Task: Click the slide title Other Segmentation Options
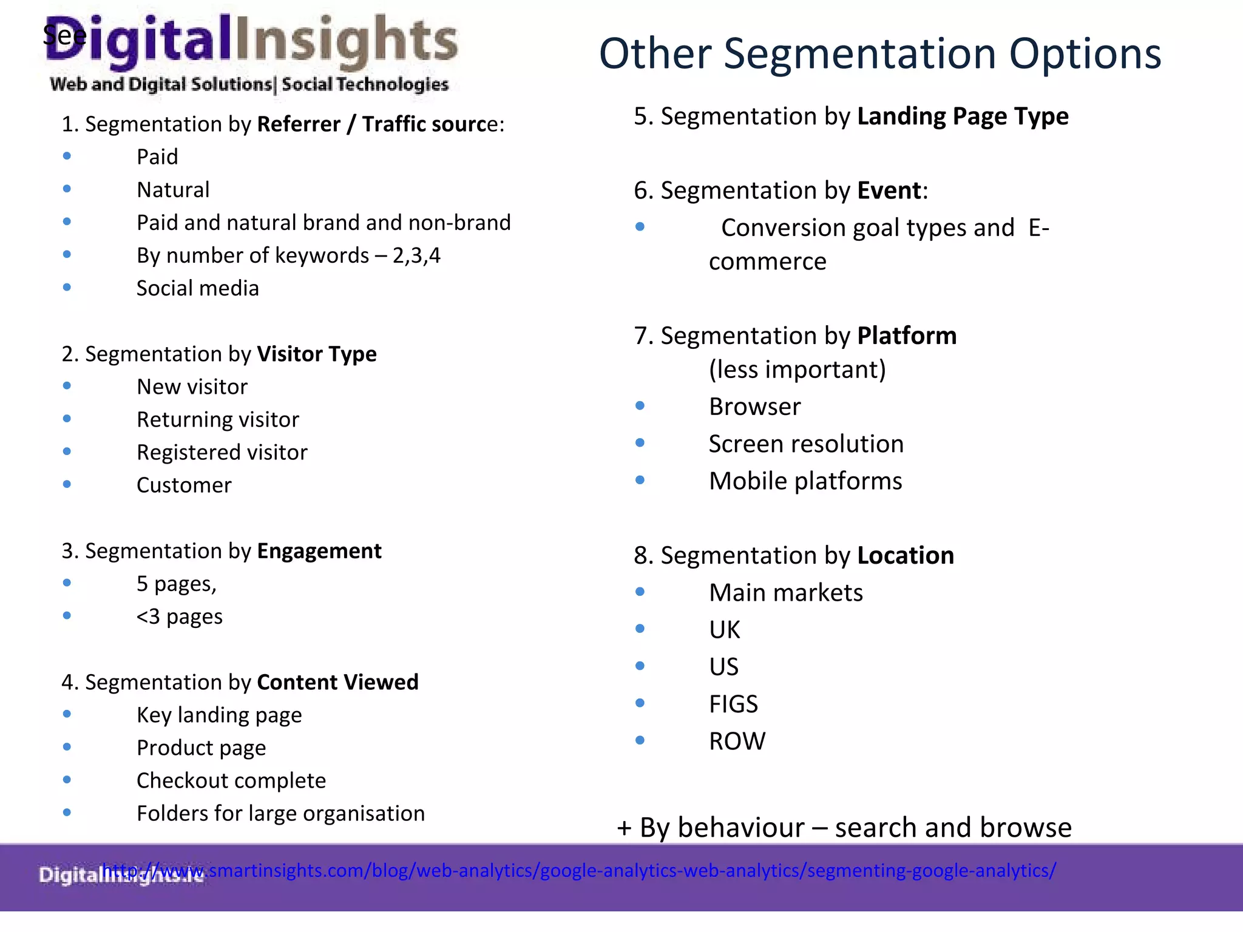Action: tap(879, 53)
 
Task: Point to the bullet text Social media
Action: tap(197, 288)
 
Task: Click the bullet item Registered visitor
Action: tap(222, 453)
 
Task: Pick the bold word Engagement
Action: tap(319, 551)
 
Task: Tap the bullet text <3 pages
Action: tap(179, 616)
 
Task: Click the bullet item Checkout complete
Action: tap(231, 781)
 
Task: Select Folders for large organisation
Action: tap(280, 814)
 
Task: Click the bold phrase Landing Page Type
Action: tap(962, 116)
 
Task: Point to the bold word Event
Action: tap(889, 191)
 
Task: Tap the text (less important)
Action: tap(797, 370)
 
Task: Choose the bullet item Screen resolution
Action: tap(806, 444)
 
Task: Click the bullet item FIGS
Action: tap(733, 704)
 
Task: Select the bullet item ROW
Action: tap(737, 741)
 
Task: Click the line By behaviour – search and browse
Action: tap(844, 828)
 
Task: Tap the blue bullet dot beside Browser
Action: tap(640, 406)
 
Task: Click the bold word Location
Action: tap(905, 556)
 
